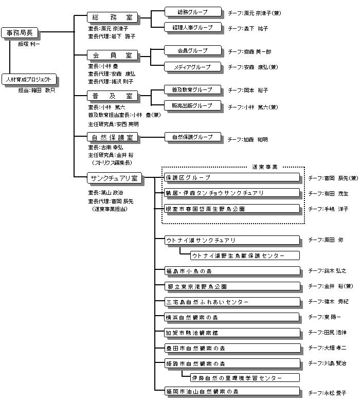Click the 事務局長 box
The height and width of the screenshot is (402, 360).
click(x=19, y=33)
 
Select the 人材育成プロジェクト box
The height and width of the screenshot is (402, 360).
click(x=29, y=80)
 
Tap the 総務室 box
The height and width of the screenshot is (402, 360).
click(x=112, y=17)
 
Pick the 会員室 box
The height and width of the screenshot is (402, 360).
click(x=112, y=54)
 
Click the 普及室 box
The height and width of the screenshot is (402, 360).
click(x=112, y=96)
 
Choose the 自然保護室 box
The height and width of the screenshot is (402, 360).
click(x=112, y=137)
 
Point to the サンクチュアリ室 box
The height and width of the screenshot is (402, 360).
click(x=114, y=178)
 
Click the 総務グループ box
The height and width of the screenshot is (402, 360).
click(x=192, y=11)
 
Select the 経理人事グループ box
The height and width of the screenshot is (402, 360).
click(x=192, y=27)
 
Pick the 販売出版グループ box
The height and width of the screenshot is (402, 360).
click(x=192, y=105)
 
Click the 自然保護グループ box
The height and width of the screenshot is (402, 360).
click(x=192, y=137)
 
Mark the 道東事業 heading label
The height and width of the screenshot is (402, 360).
click(x=265, y=167)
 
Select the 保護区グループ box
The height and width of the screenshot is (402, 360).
click(x=231, y=177)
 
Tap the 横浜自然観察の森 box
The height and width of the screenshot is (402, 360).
click(x=231, y=317)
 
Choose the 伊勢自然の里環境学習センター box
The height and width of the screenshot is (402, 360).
click(x=245, y=378)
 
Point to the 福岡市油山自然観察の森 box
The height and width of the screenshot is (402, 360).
click(x=231, y=392)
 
